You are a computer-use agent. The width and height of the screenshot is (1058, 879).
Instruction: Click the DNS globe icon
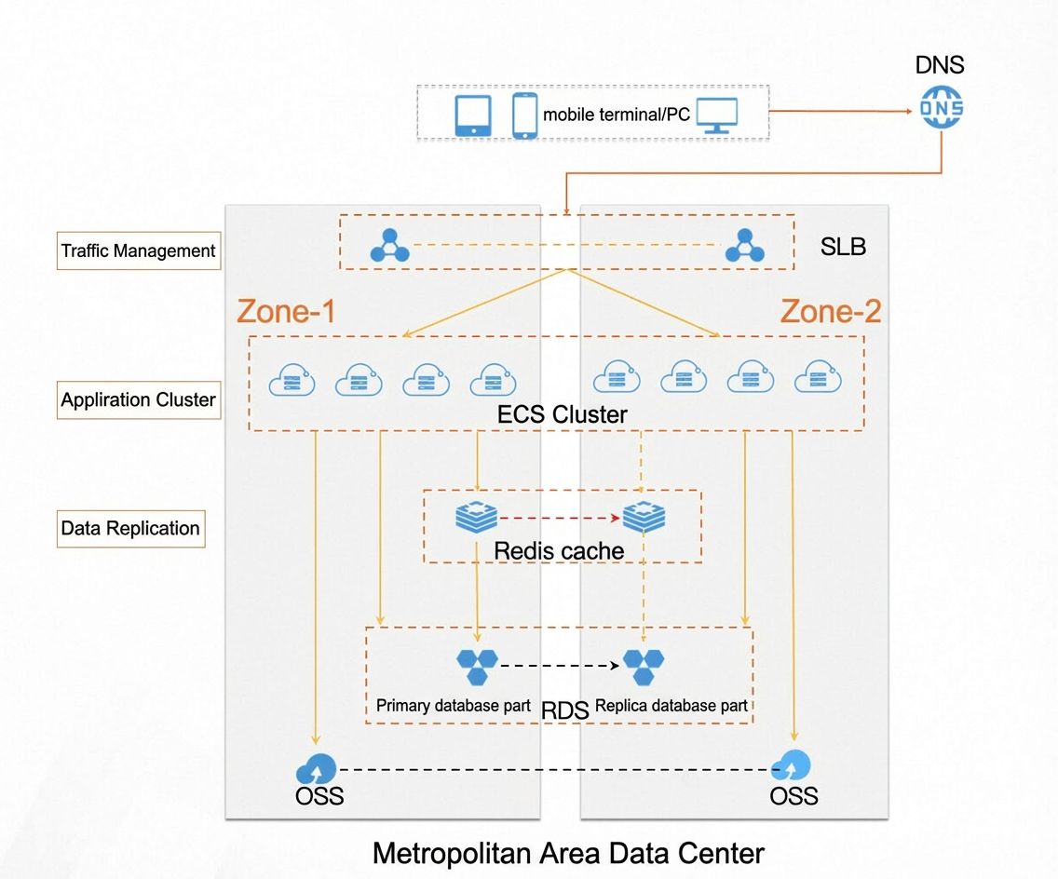[x=942, y=106]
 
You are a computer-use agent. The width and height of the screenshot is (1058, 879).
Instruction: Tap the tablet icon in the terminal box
[x=473, y=115]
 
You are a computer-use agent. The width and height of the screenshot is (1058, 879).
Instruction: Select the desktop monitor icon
[x=716, y=115]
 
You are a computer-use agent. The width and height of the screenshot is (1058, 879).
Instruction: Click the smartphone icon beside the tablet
[x=525, y=115]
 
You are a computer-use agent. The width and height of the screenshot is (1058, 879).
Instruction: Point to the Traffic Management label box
[x=139, y=251]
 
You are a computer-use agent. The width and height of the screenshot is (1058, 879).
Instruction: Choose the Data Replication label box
[x=131, y=528]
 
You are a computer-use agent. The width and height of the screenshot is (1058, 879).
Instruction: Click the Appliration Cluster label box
[x=139, y=400]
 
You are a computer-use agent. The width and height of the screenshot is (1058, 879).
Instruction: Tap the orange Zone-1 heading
[x=286, y=311]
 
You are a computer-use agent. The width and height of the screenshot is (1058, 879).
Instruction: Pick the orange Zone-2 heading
[x=831, y=311]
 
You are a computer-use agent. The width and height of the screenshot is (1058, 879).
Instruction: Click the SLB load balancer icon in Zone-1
[x=390, y=246]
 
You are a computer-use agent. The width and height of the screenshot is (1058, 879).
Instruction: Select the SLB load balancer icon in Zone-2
[x=745, y=246]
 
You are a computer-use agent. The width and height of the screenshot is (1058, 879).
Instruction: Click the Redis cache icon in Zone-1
[x=476, y=517]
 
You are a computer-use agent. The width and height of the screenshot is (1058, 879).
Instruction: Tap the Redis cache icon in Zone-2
[x=644, y=517]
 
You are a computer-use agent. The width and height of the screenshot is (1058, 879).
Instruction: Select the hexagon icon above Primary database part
[x=477, y=667]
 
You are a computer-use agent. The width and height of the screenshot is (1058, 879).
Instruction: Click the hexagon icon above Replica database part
[x=643, y=667]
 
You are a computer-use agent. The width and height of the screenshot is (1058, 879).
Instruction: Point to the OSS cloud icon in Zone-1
[x=316, y=768]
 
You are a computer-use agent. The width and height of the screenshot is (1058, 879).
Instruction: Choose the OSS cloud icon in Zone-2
[x=792, y=765]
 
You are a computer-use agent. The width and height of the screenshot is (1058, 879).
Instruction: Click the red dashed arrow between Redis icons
[x=560, y=518]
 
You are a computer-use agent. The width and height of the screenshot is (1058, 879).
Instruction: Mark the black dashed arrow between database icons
[x=560, y=666]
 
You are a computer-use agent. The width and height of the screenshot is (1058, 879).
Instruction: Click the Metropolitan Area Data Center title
[x=568, y=853]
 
